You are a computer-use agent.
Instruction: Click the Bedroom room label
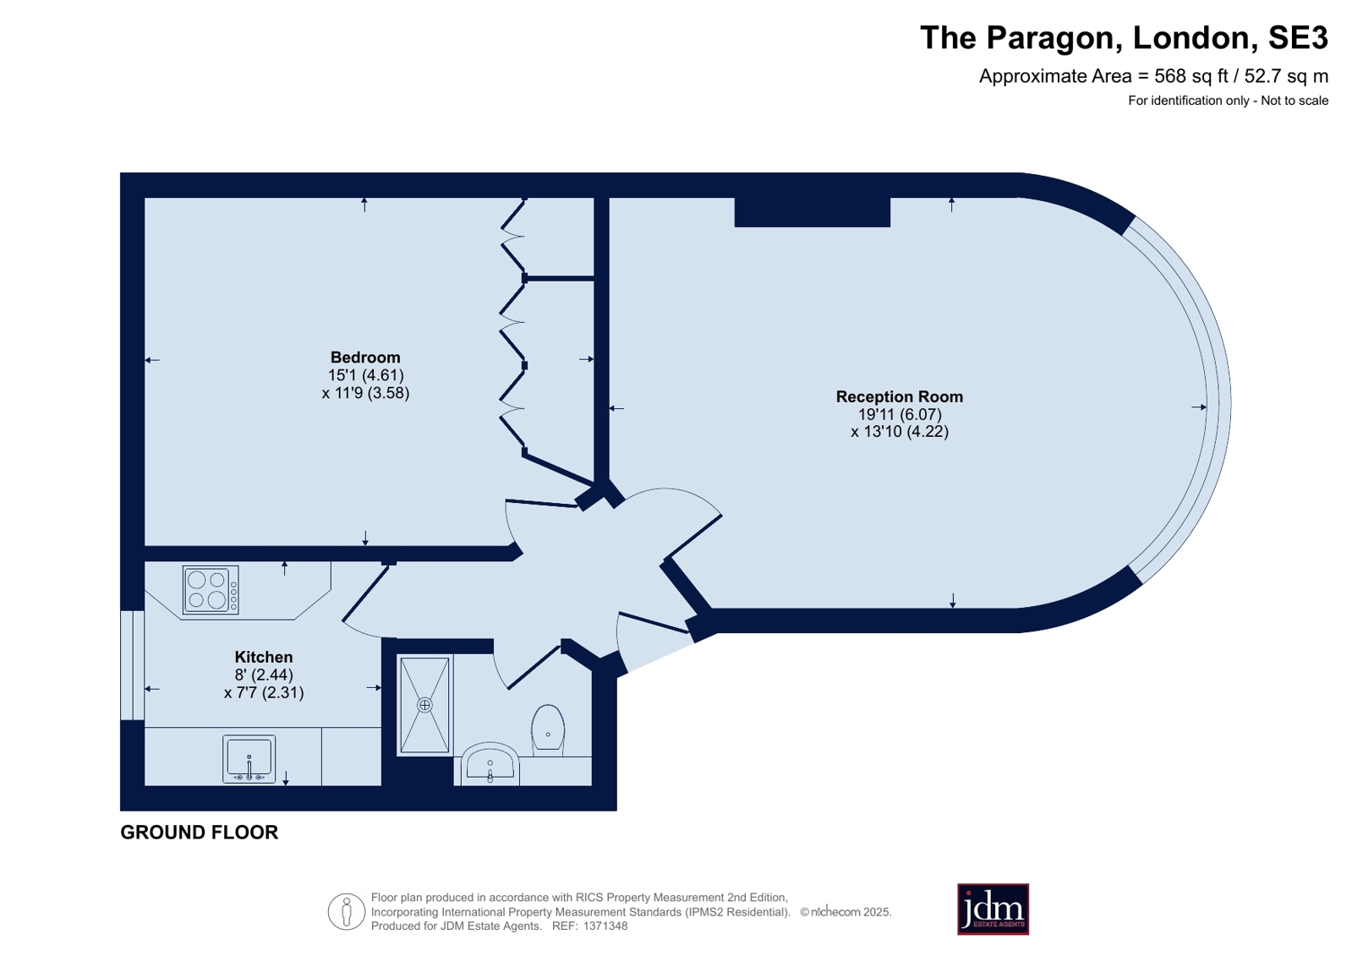pos(365,358)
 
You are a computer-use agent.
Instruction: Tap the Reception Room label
pos(900,396)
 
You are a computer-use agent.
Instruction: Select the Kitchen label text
pos(264,657)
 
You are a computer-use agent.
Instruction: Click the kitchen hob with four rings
pos(211,590)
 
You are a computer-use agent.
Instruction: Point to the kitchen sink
pos(249,759)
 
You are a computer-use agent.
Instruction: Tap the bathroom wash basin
pos(490,763)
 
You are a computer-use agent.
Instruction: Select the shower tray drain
pos(425,705)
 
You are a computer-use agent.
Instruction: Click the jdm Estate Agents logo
pos(993,909)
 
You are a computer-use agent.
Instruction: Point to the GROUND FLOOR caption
pos(200,833)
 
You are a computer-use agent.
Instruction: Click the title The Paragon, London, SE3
pos(1124,37)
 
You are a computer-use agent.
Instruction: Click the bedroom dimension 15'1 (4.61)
pos(366,374)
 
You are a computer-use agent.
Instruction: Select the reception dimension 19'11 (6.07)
pos(900,414)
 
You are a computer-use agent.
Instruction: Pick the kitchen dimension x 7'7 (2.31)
pos(264,692)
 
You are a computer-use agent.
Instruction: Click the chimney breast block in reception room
pos(813,212)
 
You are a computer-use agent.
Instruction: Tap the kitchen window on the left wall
pos(132,665)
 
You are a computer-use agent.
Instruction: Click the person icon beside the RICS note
pos(347,911)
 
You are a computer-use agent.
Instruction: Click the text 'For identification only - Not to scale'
pos(1229,101)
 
